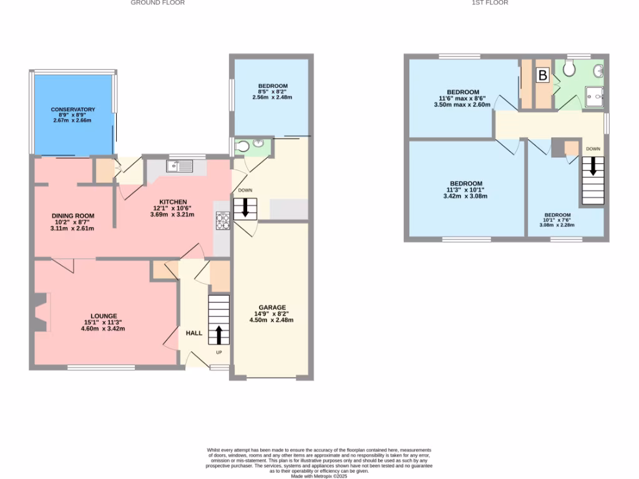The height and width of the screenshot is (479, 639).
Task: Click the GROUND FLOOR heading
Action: tap(157, 3)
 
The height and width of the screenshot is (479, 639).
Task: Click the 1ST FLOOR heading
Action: tap(490, 3)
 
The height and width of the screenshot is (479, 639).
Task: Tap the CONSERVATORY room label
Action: tap(73, 110)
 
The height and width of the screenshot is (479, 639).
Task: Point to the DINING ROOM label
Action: tap(73, 217)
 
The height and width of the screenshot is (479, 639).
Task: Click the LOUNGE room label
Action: tap(103, 316)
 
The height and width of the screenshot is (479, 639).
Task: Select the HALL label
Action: tap(194, 333)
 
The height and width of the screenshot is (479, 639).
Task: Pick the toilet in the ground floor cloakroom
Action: tap(243, 147)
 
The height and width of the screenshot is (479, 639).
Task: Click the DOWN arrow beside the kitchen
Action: tap(245, 208)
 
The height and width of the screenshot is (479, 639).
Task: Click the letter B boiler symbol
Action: tap(543, 76)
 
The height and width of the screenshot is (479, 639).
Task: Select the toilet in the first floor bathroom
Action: tap(568, 69)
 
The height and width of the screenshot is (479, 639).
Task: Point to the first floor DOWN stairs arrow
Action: tap(593, 167)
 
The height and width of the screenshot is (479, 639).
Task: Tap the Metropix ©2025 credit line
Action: tap(319, 477)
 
